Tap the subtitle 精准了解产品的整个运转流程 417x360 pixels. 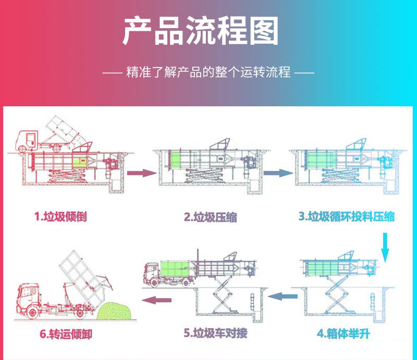(x=208, y=72)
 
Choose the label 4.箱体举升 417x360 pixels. (x=344, y=333)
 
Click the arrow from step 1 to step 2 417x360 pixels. (x=142, y=172)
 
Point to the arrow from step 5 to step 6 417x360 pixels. (x=157, y=299)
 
